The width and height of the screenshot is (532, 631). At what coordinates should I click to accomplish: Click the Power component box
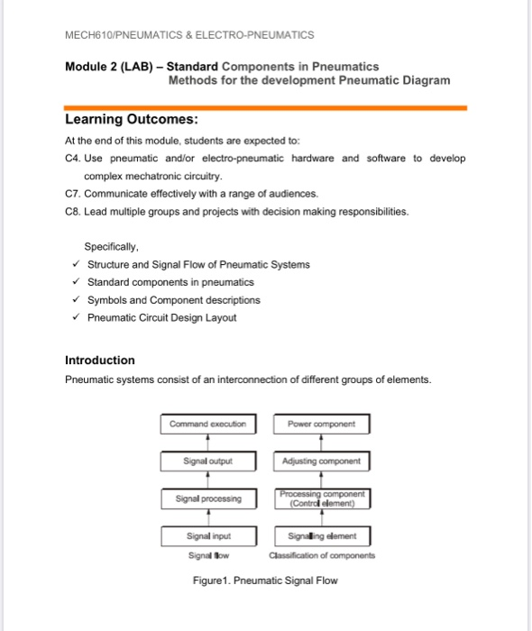click(x=321, y=423)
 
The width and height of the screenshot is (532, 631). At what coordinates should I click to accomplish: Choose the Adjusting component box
click(x=321, y=461)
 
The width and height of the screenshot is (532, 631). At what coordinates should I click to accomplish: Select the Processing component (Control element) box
click(x=321, y=498)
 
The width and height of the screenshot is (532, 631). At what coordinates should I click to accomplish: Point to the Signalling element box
click(x=321, y=535)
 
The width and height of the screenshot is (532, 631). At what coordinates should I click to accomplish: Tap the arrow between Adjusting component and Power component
click(x=321, y=442)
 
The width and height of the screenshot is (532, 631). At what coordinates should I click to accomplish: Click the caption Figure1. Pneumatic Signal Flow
click(x=265, y=581)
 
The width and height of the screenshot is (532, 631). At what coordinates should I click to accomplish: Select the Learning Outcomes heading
click(x=132, y=120)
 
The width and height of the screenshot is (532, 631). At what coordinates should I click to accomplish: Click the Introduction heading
click(x=100, y=360)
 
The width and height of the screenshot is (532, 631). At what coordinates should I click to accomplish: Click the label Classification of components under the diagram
click(x=321, y=555)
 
